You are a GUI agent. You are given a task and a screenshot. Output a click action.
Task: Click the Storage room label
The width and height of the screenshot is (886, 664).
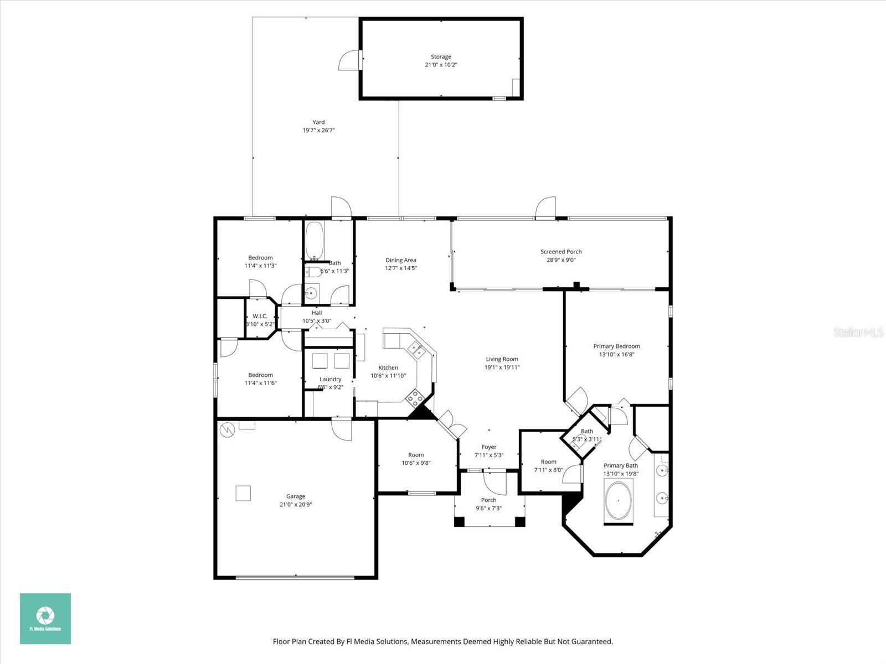coord(441,56)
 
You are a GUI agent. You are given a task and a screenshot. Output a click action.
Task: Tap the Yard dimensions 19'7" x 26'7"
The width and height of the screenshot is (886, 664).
coord(318,131)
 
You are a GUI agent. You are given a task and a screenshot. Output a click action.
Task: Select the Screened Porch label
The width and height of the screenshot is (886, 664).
coord(561,252)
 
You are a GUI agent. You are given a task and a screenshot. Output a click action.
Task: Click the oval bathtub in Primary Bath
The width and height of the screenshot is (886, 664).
coord(618,500)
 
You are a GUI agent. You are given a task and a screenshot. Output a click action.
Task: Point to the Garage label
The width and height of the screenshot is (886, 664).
coord(296,496)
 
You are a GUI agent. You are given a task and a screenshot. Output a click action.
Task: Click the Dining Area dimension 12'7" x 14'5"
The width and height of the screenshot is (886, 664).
coord(401,268)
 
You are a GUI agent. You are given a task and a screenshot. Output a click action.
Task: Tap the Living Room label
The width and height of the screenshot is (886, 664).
coord(502,359)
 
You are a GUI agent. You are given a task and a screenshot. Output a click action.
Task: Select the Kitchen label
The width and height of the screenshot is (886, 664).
coord(388,367)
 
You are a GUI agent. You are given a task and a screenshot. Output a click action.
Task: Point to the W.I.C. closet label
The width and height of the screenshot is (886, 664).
coord(260,316)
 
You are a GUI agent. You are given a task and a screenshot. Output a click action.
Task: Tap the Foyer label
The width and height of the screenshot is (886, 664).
coord(488,447)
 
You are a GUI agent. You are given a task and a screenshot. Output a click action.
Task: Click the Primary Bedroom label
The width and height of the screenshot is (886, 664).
coord(616,346)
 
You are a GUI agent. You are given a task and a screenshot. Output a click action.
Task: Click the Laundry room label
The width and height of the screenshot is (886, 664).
coord(330,379)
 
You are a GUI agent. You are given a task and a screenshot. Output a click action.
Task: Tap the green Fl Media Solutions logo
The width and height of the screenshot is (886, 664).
coord(45,618)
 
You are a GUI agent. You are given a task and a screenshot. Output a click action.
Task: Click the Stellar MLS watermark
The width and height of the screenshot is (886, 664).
coord(858,332)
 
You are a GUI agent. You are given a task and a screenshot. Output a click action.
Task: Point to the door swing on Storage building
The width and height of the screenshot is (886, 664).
coord(349,60)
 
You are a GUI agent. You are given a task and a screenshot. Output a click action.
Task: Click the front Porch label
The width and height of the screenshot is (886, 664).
coord(488,500)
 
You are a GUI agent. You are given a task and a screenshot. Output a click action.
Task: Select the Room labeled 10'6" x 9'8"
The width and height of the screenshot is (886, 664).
coord(416,455)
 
